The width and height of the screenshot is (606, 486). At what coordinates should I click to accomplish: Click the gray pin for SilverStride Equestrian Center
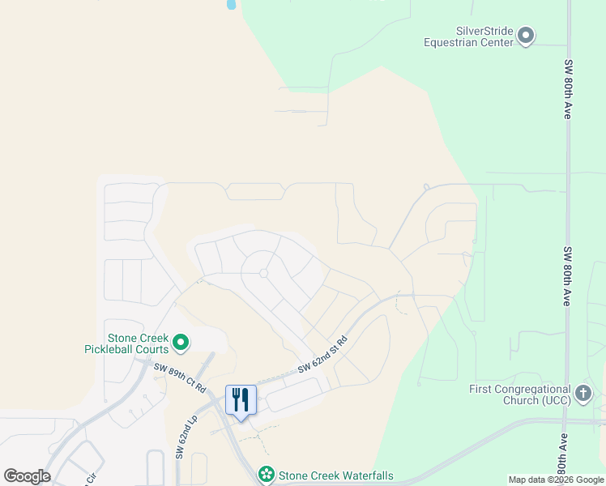pyautogui.click(x=527, y=35)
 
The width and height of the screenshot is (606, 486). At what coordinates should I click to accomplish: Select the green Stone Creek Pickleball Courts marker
pyautogui.click(x=181, y=343)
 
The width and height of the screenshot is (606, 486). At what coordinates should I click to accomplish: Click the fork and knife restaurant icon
pyautogui.click(x=241, y=399)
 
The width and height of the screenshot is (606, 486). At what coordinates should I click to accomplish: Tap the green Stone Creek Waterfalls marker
pyautogui.click(x=266, y=475)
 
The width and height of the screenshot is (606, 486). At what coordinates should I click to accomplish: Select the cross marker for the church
pyautogui.click(x=583, y=394)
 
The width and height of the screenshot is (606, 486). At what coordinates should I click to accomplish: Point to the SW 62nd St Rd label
pyautogui.click(x=322, y=356)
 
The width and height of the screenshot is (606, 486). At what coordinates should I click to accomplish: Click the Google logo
pyautogui.click(x=27, y=476)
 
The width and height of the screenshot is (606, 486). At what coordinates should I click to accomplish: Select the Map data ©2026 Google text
pyautogui.click(x=556, y=480)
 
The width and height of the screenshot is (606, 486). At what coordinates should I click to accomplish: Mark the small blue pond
pyautogui.click(x=231, y=4)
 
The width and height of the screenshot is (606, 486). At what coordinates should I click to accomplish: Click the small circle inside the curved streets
pyautogui.click(x=263, y=274)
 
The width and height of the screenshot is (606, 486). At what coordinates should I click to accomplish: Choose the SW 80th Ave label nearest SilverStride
pyautogui.click(x=568, y=89)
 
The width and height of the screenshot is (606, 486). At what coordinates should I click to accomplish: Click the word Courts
pyautogui.click(x=151, y=349)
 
